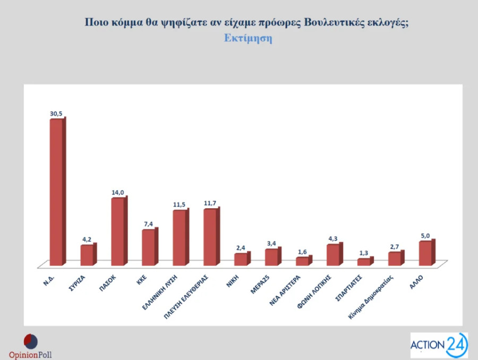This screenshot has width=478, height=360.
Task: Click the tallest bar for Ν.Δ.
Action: click(x=56, y=191)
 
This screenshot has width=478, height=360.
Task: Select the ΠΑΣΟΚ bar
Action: click(x=118, y=232)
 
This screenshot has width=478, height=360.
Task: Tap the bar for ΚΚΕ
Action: click(x=149, y=247)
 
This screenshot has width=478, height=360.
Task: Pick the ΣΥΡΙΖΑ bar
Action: click(x=87, y=255)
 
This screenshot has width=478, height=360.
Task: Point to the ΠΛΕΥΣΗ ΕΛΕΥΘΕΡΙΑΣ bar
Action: click(x=210, y=237)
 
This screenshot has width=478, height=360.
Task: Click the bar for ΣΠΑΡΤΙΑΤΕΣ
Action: click(x=364, y=262)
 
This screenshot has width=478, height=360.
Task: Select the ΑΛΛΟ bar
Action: click(x=425, y=253)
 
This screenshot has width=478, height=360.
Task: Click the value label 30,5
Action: click(x=57, y=113)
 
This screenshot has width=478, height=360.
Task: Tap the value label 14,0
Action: click(x=118, y=192)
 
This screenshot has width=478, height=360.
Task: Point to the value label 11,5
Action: click(x=180, y=204)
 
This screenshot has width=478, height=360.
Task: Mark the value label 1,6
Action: click(x=302, y=252)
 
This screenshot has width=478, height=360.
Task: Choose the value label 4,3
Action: click(x=333, y=239)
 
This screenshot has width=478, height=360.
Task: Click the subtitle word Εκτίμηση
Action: click(x=247, y=39)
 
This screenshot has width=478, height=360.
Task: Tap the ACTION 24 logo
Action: click(x=439, y=345)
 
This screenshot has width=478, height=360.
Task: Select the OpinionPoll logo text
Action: click(x=30, y=355)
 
